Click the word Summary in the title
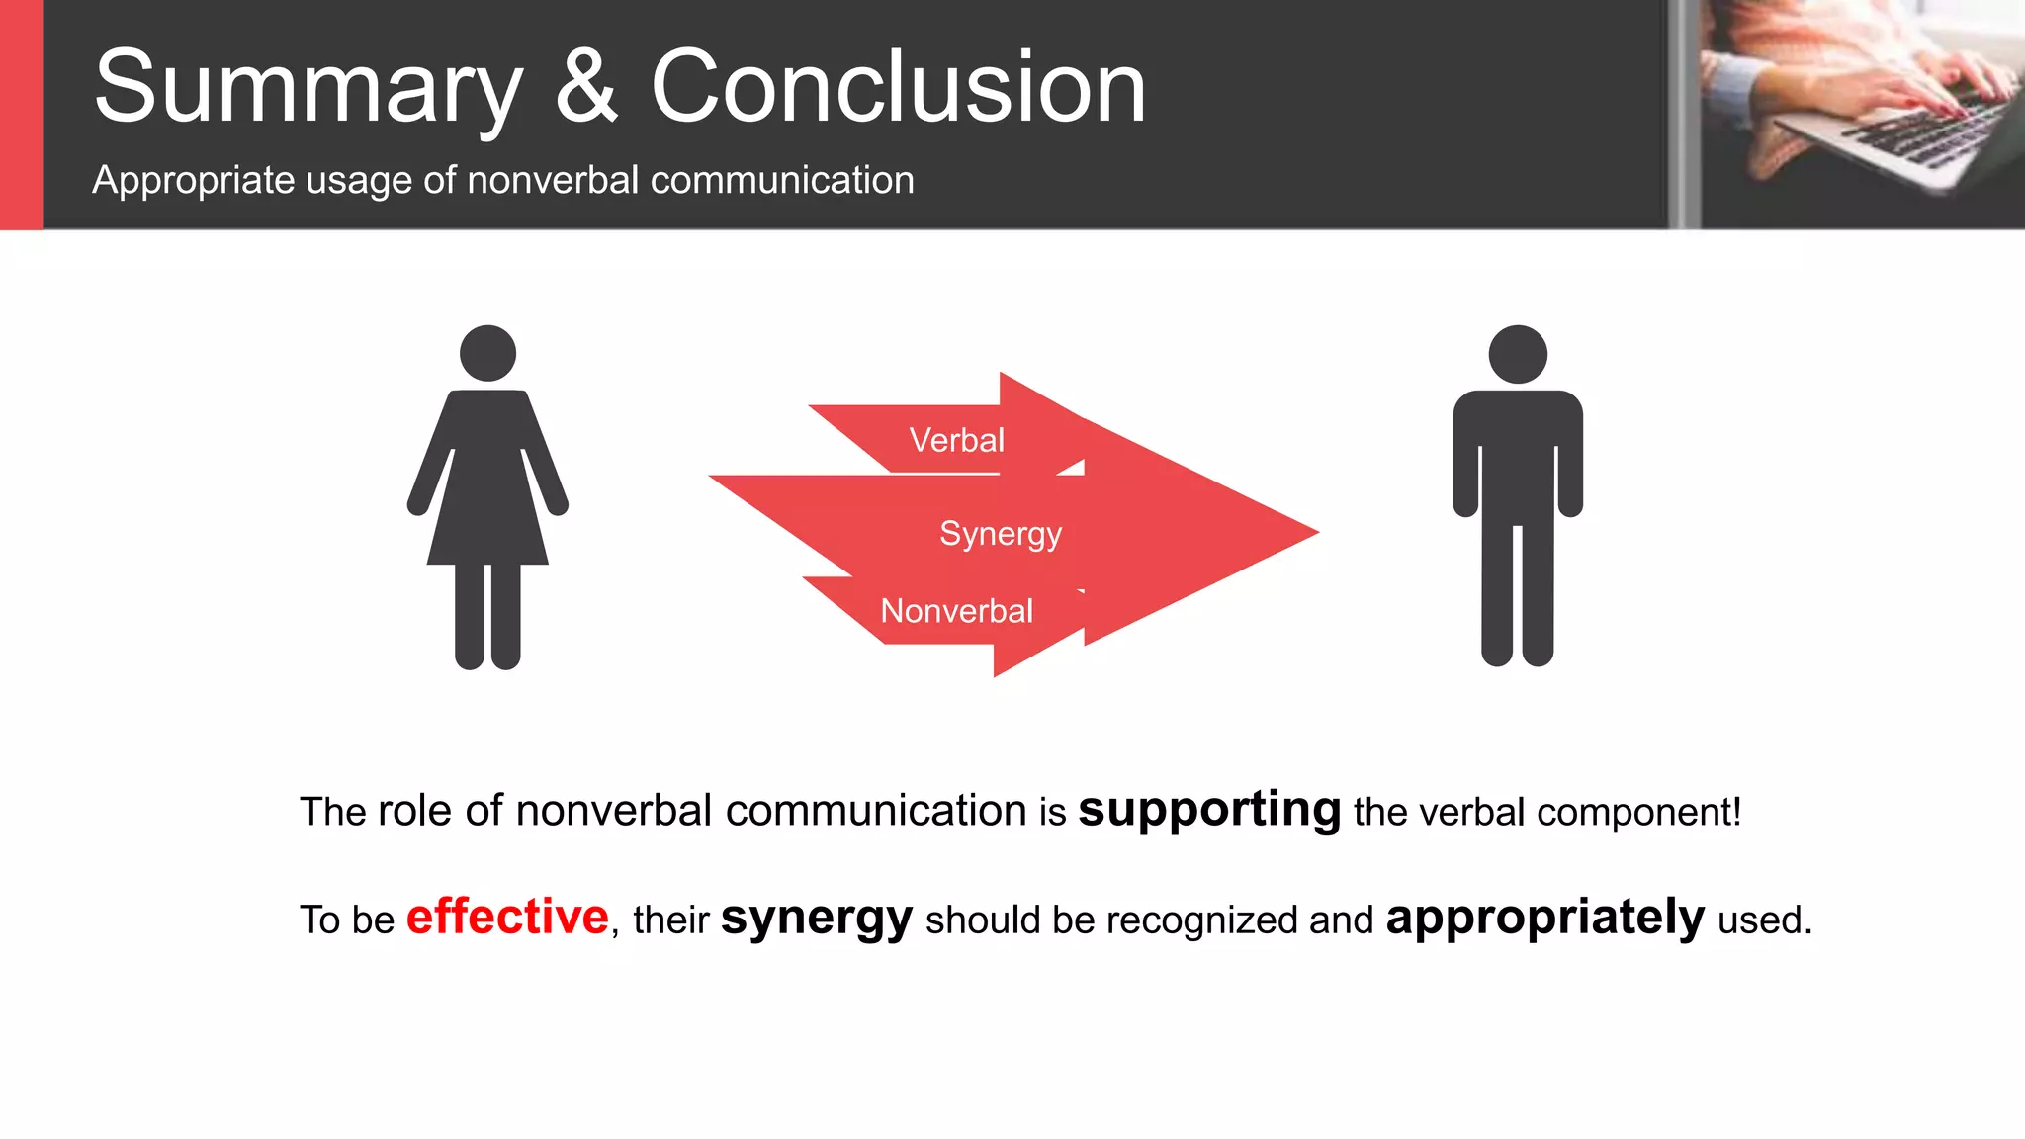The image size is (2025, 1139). point(308,89)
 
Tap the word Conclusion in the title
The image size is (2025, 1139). point(898,89)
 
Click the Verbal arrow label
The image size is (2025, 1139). point(956,440)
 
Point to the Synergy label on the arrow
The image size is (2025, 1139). point(1000,534)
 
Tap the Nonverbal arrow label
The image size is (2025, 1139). point(956,611)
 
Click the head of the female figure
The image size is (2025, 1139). point(487,353)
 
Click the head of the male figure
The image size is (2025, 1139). point(1517,354)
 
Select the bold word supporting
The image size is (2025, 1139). point(1209,811)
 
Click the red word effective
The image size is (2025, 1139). point(507,917)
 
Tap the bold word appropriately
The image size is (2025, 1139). point(1545,918)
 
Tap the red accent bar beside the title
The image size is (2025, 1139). point(21,115)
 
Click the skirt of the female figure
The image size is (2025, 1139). point(487,514)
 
